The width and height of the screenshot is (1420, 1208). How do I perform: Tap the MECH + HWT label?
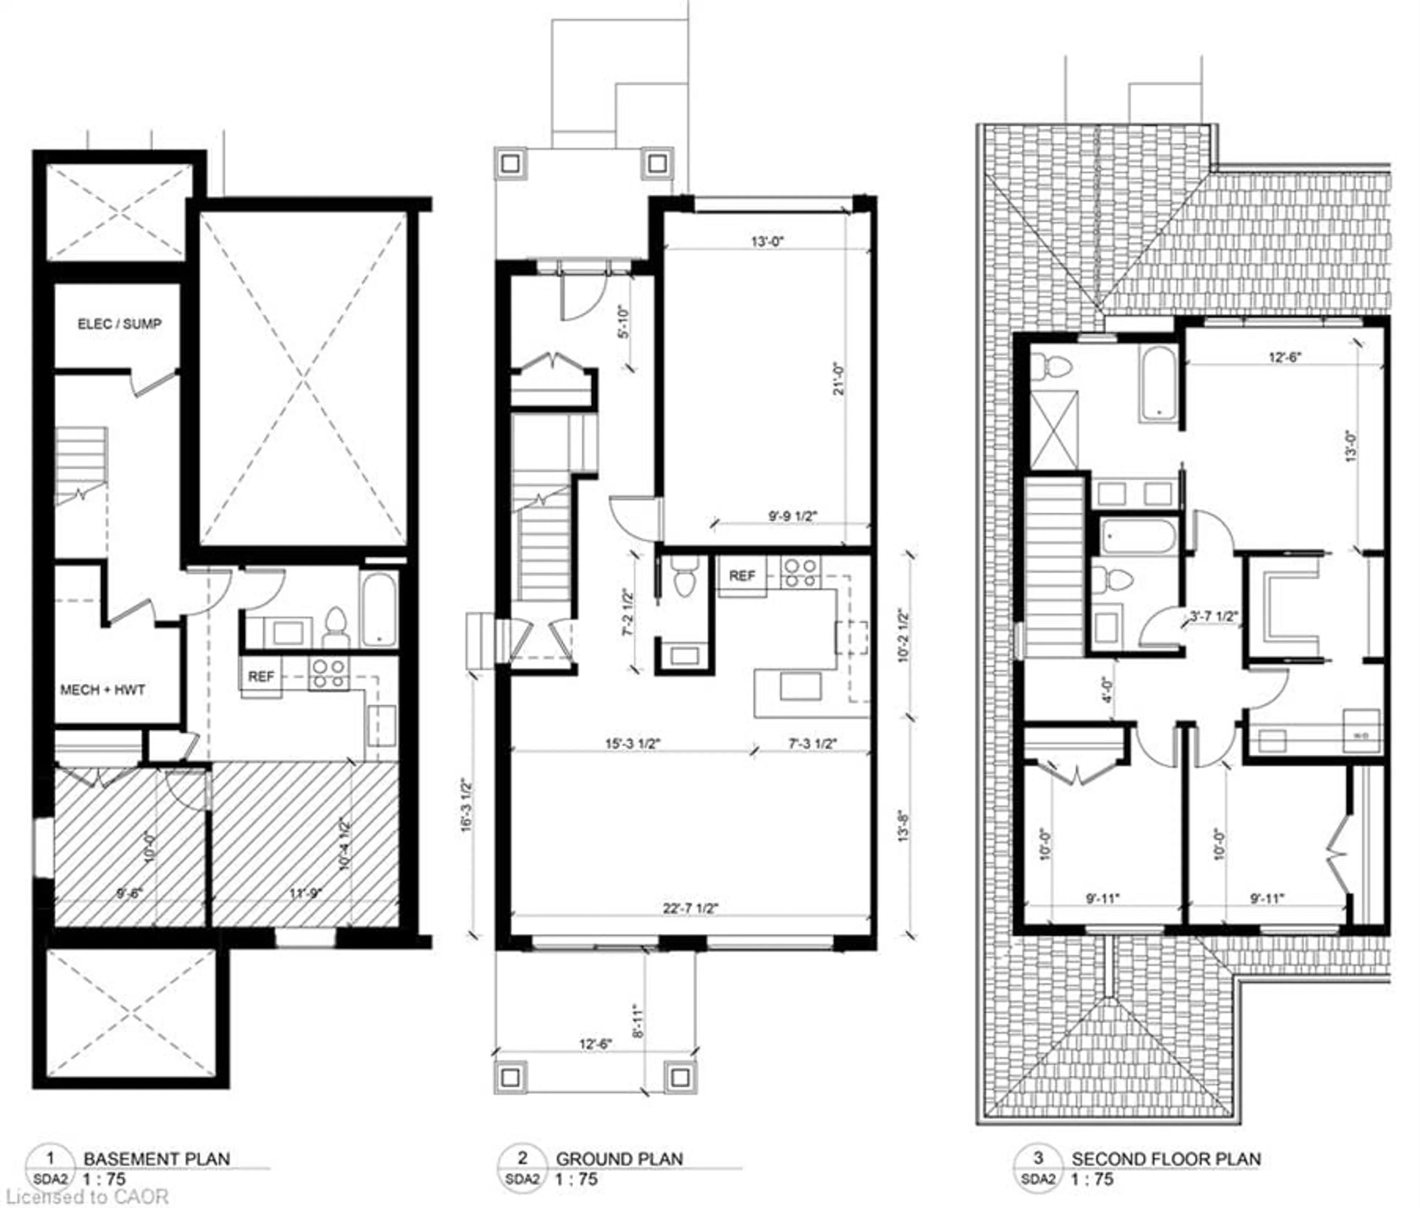pyautogui.click(x=103, y=689)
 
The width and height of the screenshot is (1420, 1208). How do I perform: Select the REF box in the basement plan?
pyautogui.click(x=261, y=676)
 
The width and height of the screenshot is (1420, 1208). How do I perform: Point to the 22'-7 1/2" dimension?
pyautogui.click(x=690, y=908)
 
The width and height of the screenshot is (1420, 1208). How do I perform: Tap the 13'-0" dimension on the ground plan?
pyautogui.click(x=767, y=241)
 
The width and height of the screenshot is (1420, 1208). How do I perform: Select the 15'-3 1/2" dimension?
pyautogui.click(x=633, y=743)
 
